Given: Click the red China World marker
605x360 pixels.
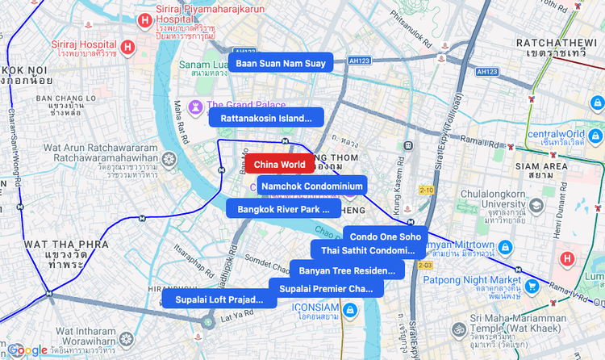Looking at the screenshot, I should pyautogui.click(x=280, y=164).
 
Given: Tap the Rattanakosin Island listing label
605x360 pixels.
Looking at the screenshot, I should pyautogui.click(x=266, y=118).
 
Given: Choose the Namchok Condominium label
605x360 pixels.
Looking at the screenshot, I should pyautogui.click(x=312, y=186).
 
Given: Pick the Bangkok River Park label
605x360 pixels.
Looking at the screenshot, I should pyautogui.click(x=283, y=208).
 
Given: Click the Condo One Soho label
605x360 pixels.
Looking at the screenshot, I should pyautogui.click(x=385, y=237).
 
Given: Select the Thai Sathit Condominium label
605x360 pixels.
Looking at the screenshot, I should pyautogui.click(x=368, y=250).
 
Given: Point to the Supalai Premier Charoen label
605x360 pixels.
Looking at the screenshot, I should pyautogui.click(x=326, y=288).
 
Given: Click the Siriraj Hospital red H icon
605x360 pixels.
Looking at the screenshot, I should pyautogui.click(x=128, y=47).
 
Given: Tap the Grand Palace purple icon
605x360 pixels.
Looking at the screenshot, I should pyautogui.click(x=196, y=107).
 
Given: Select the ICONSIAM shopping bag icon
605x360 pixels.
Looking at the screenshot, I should pyautogui.click(x=348, y=310).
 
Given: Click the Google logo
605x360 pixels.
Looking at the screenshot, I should pyautogui.click(x=27, y=350).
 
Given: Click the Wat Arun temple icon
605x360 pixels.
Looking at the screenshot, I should pyautogui.click(x=169, y=159).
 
